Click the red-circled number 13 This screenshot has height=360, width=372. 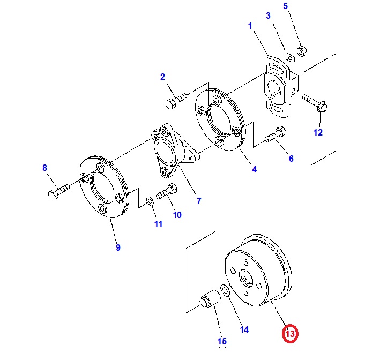pyautogui.click(x=290, y=334)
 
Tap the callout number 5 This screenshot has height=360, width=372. pyautogui.click(x=285, y=6)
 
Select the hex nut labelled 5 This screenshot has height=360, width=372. pyautogui.click(x=301, y=50)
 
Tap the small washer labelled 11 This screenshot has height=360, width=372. pyautogui.click(x=150, y=201)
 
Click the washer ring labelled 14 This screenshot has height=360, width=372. pyautogui.click(x=226, y=291)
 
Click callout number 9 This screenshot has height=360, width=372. pyautogui.click(x=118, y=247)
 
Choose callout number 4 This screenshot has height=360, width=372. pyautogui.click(x=254, y=170)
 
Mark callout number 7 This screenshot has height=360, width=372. pyautogui.click(x=199, y=201)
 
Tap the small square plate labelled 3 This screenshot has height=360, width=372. pyautogui.click(x=289, y=56)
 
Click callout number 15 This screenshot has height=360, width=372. pyautogui.click(x=222, y=341)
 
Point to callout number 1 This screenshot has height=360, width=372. pyautogui.click(x=250, y=25)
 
